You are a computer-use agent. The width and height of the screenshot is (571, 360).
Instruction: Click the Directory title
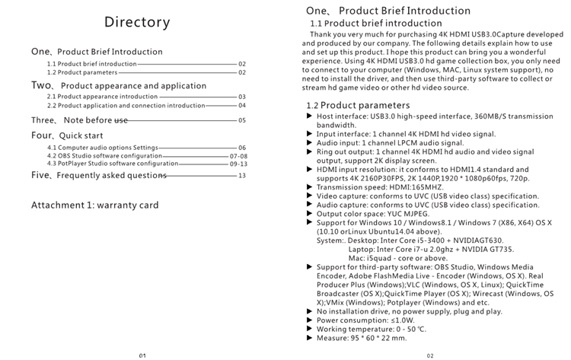tap(137, 22)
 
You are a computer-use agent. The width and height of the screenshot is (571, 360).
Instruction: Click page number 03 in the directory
tap(242, 97)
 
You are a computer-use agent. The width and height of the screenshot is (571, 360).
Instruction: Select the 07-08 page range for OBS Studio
tap(238, 155)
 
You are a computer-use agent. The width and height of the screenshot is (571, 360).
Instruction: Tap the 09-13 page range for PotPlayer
tap(238, 164)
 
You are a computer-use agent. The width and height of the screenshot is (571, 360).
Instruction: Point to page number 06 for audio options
tap(242, 147)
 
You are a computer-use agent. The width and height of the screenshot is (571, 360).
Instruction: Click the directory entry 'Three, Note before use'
tap(80, 120)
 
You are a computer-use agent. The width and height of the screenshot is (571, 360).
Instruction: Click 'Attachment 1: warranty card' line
tap(94, 205)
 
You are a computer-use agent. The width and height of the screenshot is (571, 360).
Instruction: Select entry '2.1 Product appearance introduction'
tap(102, 97)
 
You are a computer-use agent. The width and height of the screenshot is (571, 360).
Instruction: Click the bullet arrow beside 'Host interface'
tap(309, 116)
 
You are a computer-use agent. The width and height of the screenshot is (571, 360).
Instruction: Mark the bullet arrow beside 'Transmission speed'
tap(309, 186)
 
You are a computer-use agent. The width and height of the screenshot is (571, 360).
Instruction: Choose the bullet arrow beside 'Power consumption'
tap(309, 320)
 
